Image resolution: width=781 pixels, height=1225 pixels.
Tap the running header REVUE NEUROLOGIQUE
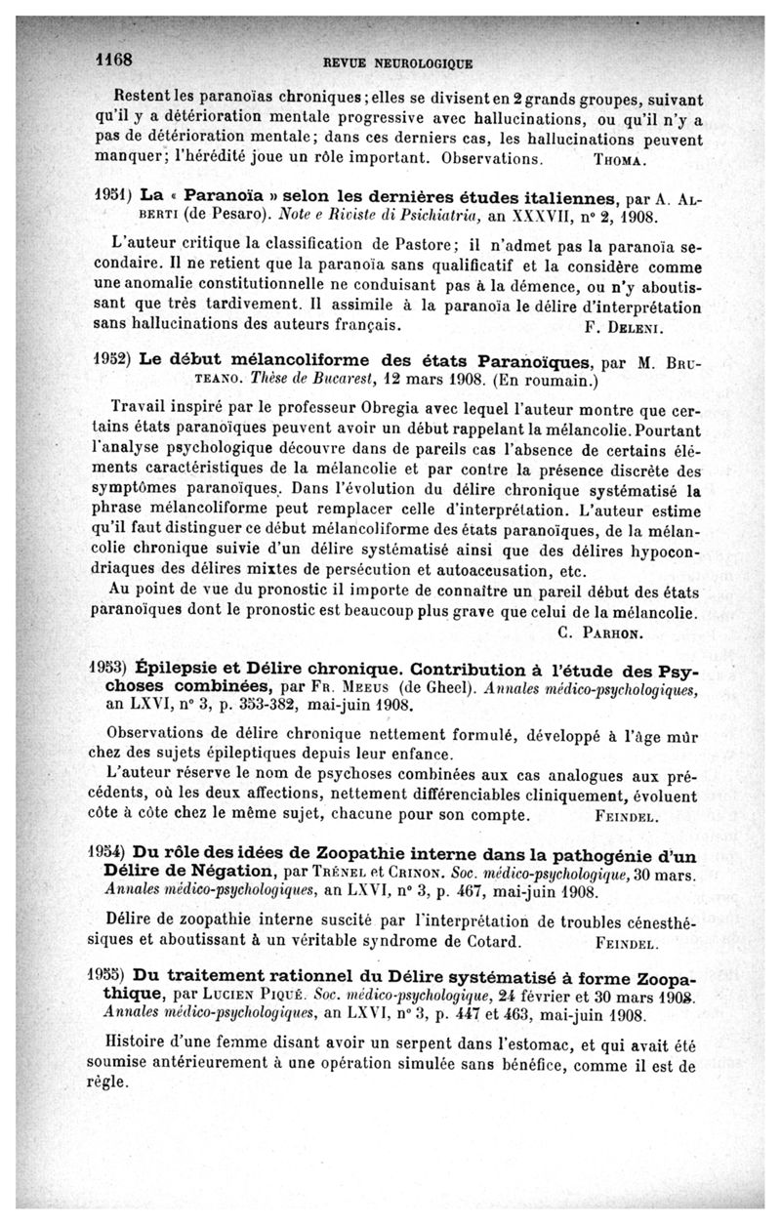pos(397,64)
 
